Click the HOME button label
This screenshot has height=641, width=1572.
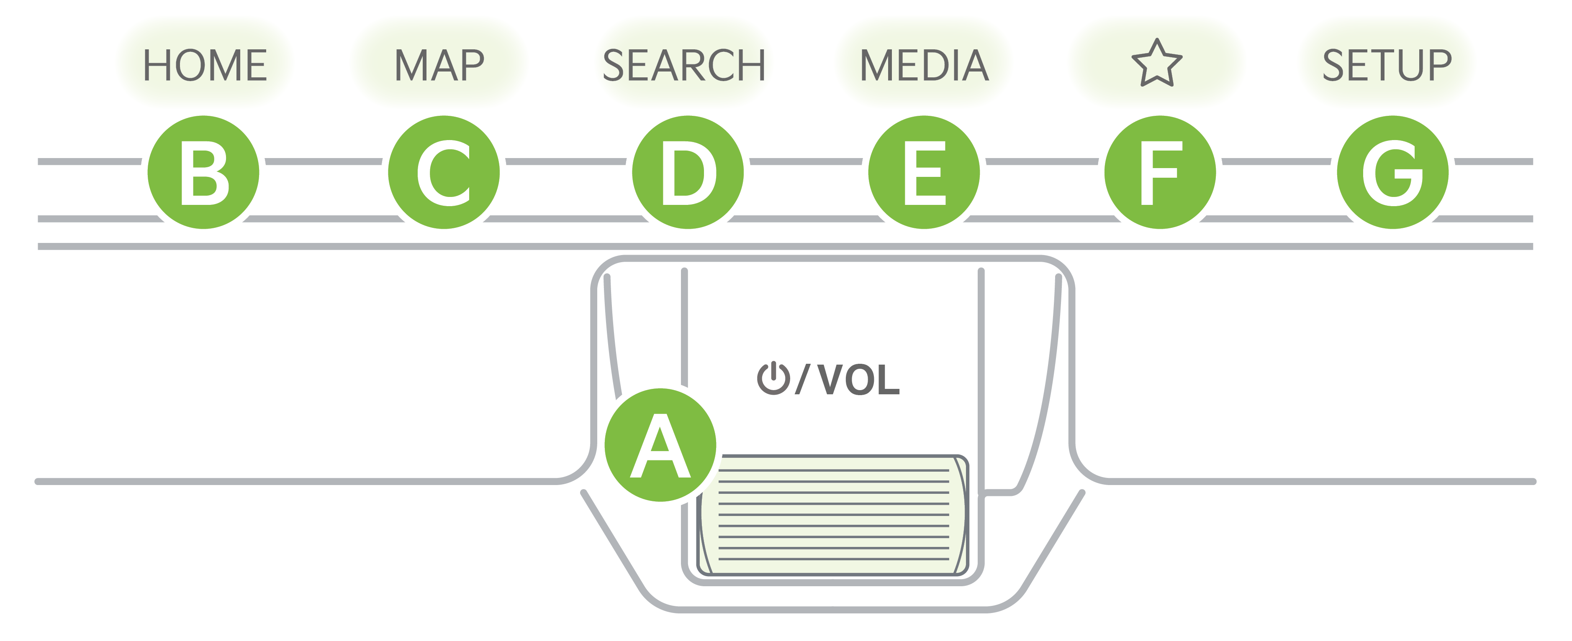[205, 65]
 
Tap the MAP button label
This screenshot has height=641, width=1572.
[439, 65]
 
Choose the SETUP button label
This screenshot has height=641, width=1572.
[1387, 65]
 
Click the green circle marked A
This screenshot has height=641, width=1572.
[660, 444]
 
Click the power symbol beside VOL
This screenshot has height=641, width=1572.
[773, 379]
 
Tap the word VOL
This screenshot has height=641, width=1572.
[858, 379]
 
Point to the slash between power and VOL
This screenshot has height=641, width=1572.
[802, 379]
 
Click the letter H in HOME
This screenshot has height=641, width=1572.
[156, 65]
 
